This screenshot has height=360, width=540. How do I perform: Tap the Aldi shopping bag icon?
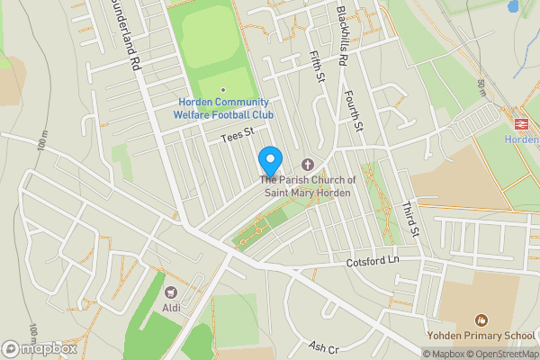pyautogui.click(x=171, y=292)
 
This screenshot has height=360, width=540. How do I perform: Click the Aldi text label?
pyautogui.click(x=171, y=308)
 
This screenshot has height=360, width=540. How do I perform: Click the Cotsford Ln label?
pyautogui.click(x=371, y=263)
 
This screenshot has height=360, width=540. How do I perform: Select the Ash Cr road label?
pyautogui.click(x=322, y=347)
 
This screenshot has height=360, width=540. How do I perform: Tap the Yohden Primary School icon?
pyautogui.click(x=481, y=319)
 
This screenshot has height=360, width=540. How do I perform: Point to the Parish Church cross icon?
pyautogui.click(x=308, y=165)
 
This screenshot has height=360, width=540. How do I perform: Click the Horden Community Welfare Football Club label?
pyautogui.click(x=223, y=108)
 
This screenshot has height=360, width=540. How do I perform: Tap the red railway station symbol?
pyautogui.click(x=521, y=123)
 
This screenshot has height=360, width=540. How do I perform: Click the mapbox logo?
pyautogui.click(x=39, y=348)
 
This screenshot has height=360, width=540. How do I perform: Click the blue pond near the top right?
pyautogui.click(x=514, y=5)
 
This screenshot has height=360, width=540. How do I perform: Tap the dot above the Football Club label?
pyautogui.click(x=223, y=89)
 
